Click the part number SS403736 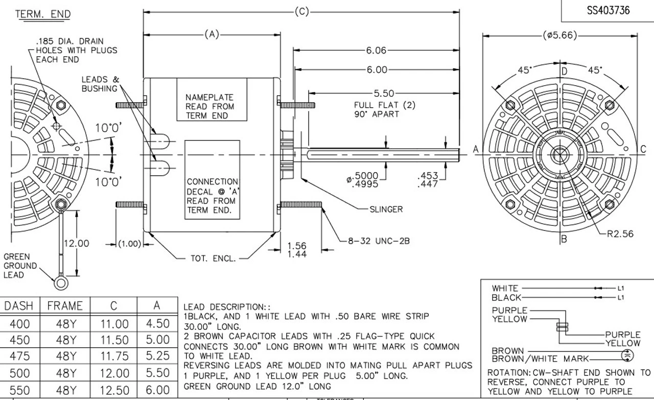[x=608, y=10]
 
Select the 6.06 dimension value [x=376, y=51]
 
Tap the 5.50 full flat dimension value [x=384, y=93]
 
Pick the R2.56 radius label [x=620, y=234]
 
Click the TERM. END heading [x=43, y=14]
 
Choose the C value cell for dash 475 [x=114, y=356]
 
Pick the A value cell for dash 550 [x=157, y=390]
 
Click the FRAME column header [x=65, y=306]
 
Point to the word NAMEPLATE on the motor [x=209, y=97]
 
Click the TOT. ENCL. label [x=214, y=258]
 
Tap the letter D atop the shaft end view [x=565, y=71]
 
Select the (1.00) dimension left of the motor [x=130, y=244]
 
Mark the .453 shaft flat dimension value [x=428, y=176]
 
